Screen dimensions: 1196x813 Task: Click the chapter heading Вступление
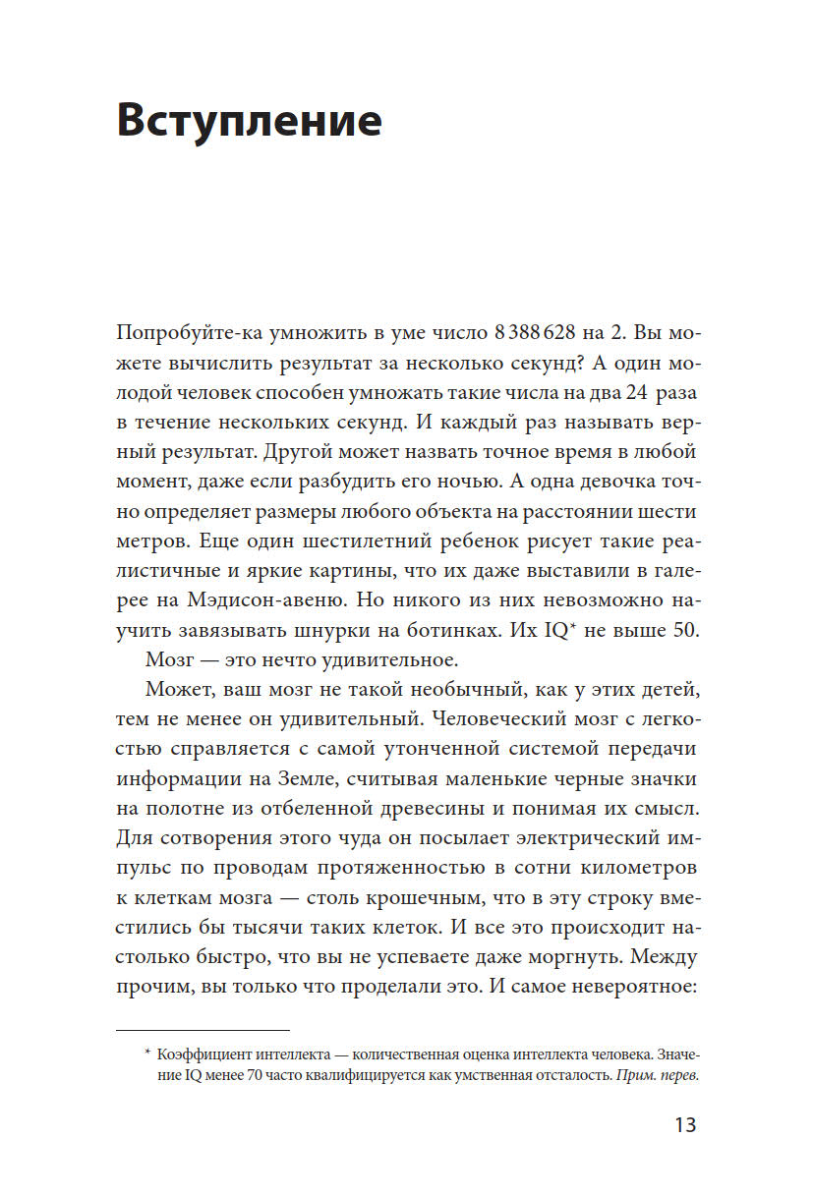click(x=249, y=121)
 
